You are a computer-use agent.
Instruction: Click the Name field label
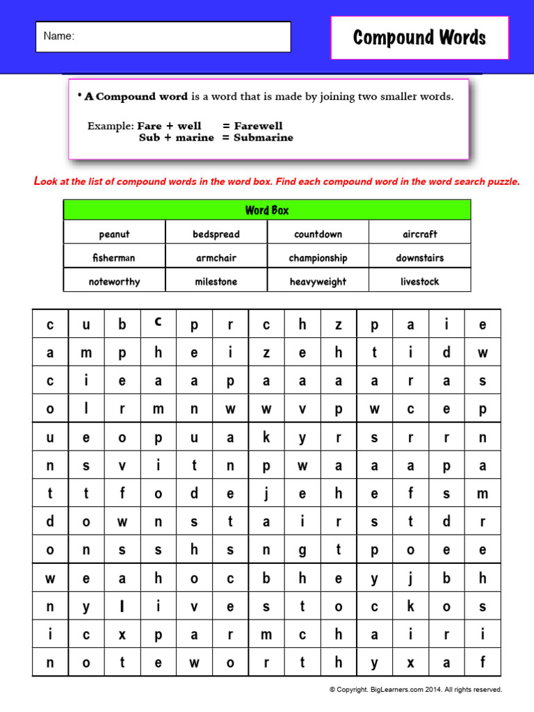click(x=58, y=36)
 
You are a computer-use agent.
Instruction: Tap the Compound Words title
click(x=419, y=38)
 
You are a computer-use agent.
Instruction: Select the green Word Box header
click(x=267, y=210)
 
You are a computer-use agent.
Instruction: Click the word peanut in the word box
click(x=114, y=234)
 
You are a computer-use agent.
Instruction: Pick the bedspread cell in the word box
click(x=216, y=234)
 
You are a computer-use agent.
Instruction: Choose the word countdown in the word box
click(x=318, y=234)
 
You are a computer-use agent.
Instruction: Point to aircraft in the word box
click(x=419, y=234)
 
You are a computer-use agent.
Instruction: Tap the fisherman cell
click(x=114, y=258)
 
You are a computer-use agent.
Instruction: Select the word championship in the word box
click(x=318, y=258)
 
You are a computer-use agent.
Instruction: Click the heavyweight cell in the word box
click(x=318, y=282)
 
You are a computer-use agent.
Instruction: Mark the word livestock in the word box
click(x=419, y=282)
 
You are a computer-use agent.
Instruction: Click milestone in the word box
click(x=216, y=282)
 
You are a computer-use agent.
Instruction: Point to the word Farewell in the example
click(x=258, y=126)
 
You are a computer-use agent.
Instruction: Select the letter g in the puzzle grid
click(x=302, y=550)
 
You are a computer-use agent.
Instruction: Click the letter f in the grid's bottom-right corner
click(x=483, y=663)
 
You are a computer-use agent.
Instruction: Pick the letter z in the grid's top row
click(x=339, y=325)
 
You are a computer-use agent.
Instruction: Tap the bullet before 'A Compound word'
click(x=80, y=96)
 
